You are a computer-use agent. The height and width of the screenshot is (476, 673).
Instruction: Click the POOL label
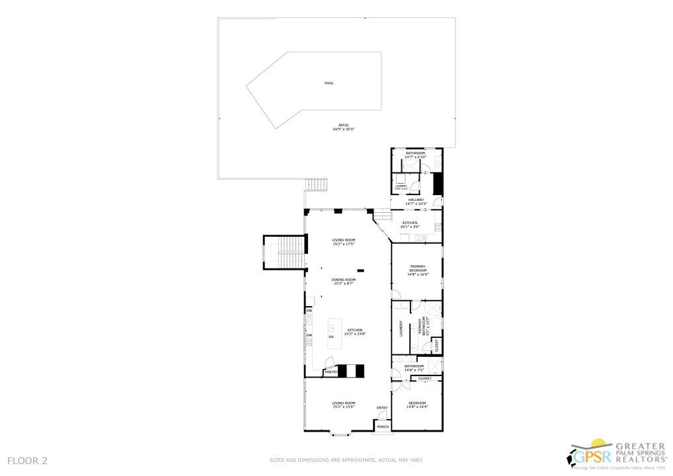[329, 83]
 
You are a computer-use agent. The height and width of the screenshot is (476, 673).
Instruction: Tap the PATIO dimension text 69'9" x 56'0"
[343, 130]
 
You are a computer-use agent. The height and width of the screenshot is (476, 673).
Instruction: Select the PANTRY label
[331, 372]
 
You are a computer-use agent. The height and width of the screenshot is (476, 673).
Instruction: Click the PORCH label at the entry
[383, 427]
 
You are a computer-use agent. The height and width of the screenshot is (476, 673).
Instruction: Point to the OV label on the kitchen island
[331, 337]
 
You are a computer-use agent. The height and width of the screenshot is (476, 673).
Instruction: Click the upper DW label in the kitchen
[309, 311]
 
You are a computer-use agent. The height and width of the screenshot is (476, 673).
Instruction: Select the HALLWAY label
[416, 200]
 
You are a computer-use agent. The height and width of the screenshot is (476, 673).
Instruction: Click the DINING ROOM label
[344, 280]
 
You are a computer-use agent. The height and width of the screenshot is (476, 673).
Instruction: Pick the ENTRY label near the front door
[382, 408]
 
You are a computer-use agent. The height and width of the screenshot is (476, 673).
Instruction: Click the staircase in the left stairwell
[288, 253]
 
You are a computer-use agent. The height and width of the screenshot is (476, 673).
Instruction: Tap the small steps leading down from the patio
[317, 184]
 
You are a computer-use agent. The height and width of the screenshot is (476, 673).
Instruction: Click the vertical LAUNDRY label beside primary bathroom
[401, 329]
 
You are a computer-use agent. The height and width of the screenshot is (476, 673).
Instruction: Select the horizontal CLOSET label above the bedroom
[425, 379]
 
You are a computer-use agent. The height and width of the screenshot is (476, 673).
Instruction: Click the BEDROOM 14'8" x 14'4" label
[417, 405]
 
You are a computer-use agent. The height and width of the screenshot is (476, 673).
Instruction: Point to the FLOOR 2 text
[28, 460]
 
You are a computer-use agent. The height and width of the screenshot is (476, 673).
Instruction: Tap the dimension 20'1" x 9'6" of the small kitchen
[410, 226]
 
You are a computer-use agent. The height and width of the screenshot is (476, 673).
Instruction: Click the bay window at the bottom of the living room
[342, 434]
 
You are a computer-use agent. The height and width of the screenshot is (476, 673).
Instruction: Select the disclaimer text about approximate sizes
[346, 460]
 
